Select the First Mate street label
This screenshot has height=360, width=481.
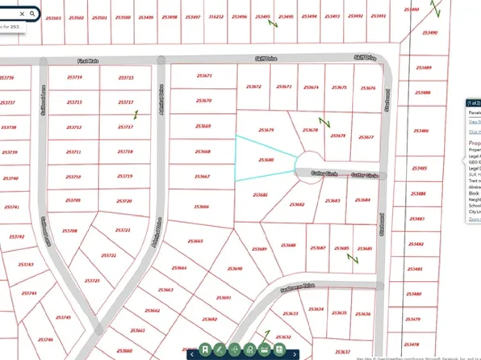pos(87,61)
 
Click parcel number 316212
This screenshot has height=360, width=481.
pos(215,16)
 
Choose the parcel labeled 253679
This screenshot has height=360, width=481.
pos(266,129)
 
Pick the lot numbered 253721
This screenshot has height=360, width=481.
pos(123,230)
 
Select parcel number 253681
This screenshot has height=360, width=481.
pos(261,195)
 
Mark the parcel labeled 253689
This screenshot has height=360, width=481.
pos(259,249)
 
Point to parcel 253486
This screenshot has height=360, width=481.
pos(420,131)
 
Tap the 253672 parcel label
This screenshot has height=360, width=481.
pos(254,86)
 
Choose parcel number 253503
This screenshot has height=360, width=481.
pos(51,16)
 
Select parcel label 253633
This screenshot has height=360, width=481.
pos(292,313)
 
